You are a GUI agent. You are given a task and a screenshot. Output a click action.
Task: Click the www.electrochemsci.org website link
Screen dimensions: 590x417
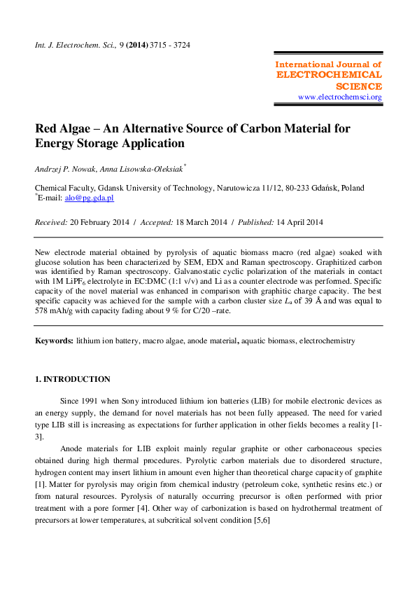(x=340, y=97)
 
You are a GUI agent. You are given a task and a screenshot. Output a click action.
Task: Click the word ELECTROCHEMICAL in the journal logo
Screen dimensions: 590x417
(x=330, y=74)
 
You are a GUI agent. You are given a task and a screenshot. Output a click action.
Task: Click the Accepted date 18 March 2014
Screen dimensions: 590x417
(x=204, y=222)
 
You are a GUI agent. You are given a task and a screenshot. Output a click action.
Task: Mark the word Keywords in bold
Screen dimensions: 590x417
(x=54, y=341)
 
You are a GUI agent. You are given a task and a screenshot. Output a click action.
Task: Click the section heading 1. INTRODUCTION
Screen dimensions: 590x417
(x=72, y=379)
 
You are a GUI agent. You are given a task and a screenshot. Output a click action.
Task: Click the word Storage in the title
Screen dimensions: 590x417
(x=97, y=144)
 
